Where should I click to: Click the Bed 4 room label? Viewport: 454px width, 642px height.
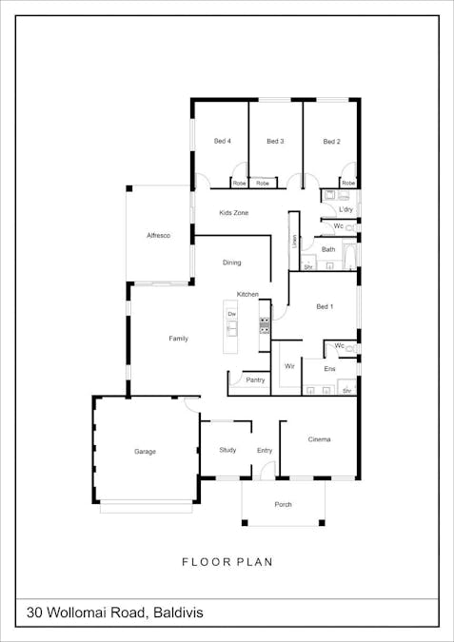(x=223, y=142)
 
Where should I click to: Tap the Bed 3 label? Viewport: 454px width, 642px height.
(x=275, y=142)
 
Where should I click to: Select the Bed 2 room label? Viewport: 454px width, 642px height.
(x=331, y=142)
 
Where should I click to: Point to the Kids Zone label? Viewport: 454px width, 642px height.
(x=233, y=213)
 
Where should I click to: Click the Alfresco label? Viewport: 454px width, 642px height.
(x=158, y=235)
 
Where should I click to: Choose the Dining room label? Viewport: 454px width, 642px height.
(x=232, y=263)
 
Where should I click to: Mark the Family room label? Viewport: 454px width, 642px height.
(x=178, y=339)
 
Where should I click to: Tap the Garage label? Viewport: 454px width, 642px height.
(x=145, y=452)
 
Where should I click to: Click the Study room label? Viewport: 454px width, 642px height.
(x=227, y=450)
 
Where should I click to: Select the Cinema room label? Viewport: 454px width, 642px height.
(x=319, y=439)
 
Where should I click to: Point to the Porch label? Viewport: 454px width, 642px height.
(x=283, y=505)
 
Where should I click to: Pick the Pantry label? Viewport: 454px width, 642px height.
(x=255, y=380)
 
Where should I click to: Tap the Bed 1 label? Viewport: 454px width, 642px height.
(x=325, y=306)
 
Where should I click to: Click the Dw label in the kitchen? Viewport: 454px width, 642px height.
(x=231, y=314)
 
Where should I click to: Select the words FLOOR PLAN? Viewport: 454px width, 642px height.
(x=227, y=562)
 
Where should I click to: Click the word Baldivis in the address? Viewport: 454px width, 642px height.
(x=177, y=613)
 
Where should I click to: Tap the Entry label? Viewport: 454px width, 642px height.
(x=265, y=451)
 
